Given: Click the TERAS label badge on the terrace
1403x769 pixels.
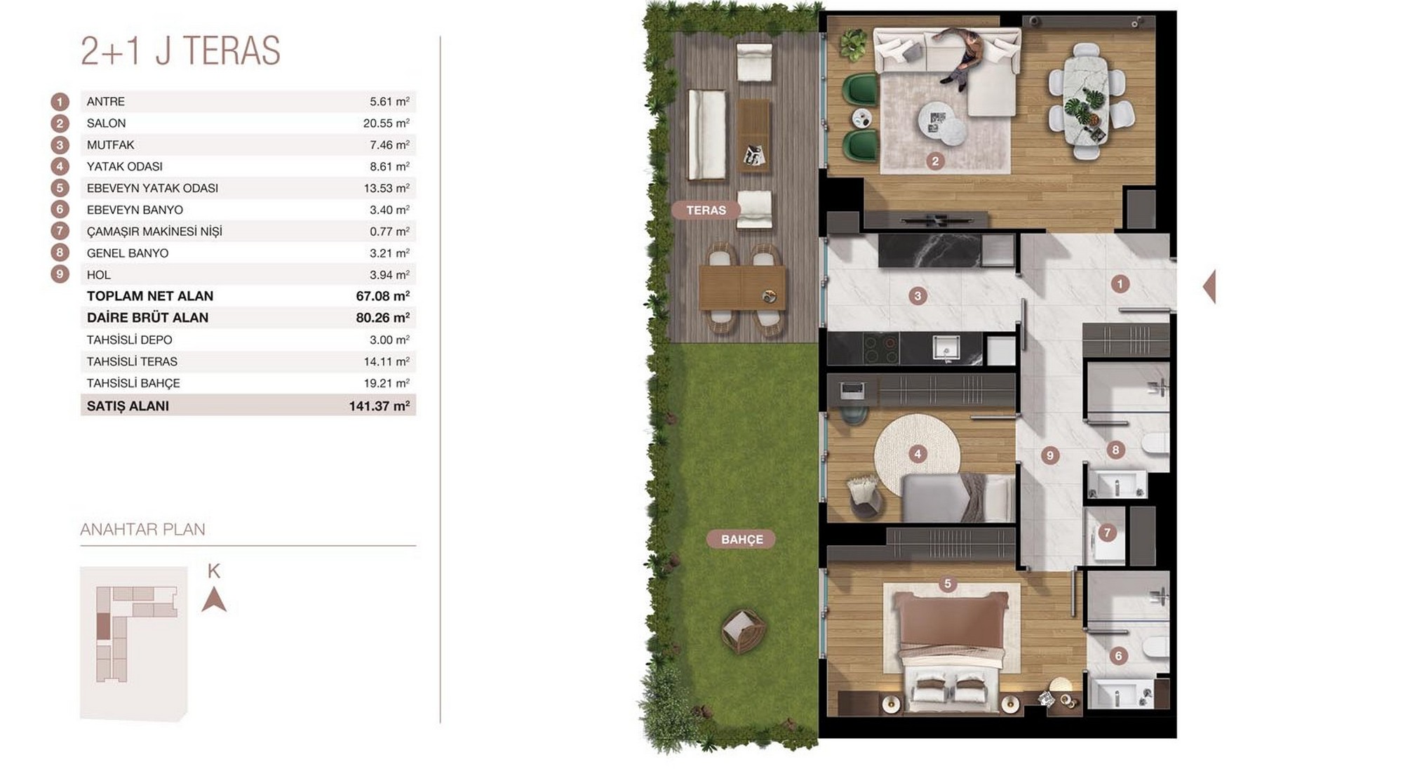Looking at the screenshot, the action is pos(706,210).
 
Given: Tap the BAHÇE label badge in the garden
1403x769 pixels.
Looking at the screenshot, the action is pos(741,539).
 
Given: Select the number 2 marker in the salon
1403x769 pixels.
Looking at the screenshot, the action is pos(934,161).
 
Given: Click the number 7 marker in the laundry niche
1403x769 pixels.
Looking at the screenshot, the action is pos(1107,533).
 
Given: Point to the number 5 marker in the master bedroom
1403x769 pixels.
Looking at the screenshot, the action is pos(948,584).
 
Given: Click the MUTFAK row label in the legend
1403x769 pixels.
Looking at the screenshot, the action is pos(110,145).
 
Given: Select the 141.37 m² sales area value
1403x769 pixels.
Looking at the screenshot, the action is pos(379,406).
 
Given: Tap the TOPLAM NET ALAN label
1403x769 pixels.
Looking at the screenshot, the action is pos(149,296).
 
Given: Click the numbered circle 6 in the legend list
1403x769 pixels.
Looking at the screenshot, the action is pos(60,209).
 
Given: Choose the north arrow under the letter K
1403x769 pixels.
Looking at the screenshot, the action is pos(214,600).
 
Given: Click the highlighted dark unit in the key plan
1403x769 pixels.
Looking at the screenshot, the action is pos(103,626).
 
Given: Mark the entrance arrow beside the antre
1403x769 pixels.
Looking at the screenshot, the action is pos(1209,286).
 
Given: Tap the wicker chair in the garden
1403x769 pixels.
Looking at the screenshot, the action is pos(743,631).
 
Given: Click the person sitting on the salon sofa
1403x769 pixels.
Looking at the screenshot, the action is pos(962,58).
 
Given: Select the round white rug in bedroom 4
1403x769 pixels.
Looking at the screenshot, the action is pos(918,454).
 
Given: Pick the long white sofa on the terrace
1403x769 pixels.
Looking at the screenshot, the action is pos(706,134).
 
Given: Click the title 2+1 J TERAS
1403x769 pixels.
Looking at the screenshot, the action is pos(180,51).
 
